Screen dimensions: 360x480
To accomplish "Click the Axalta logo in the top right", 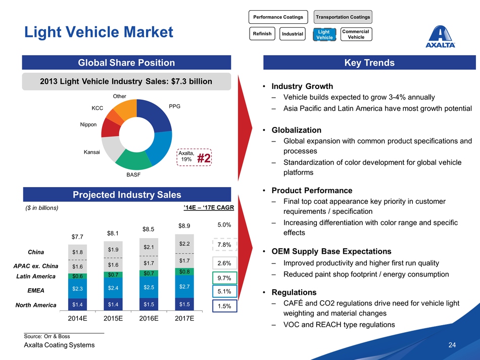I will point(441,36).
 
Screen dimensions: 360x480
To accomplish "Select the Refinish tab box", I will point(262,34).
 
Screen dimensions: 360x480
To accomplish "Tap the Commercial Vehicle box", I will point(356,34).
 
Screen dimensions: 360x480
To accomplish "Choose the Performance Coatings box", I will point(278,17).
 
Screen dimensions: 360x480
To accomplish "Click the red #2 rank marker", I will point(204,158).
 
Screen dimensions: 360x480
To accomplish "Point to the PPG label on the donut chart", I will point(174,106).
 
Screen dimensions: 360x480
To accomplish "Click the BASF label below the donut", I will point(133,174).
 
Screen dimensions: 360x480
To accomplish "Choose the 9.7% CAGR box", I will point(224,278).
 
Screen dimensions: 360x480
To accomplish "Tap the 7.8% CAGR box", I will point(224,245).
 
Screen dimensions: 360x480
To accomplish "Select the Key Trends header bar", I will point(368,63).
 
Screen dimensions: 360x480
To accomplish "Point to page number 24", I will point(452,345).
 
